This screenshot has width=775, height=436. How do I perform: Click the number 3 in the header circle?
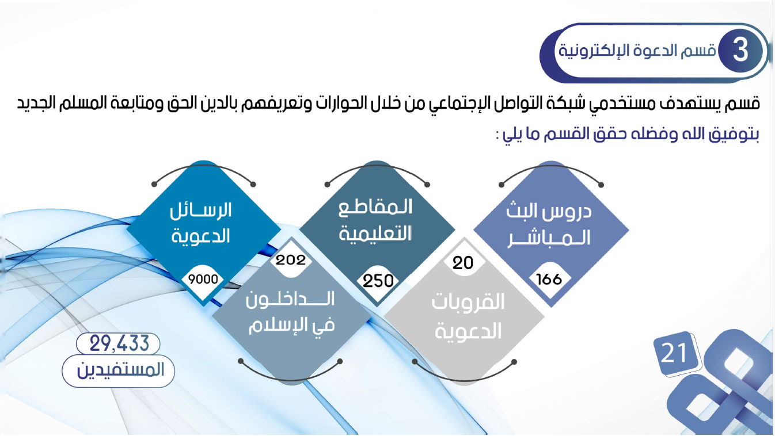point(740,51)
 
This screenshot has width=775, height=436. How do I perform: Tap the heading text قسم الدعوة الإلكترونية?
point(637,51)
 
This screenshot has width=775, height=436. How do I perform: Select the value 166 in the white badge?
point(549,278)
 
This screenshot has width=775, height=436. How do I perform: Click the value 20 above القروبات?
point(462,263)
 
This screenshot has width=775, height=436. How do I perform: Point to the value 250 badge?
point(378,281)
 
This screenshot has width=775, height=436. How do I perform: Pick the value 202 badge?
point(290,260)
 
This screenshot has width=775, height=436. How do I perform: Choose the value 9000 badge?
point(203,279)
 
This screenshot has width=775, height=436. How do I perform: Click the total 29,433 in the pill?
point(119,343)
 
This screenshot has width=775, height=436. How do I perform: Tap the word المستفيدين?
point(120,370)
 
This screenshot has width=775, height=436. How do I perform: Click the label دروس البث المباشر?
point(549,225)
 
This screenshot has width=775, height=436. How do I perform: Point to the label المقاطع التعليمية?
point(375,220)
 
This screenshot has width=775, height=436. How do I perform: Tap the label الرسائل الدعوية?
point(201,223)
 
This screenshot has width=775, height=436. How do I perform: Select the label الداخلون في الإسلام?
point(291,312)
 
